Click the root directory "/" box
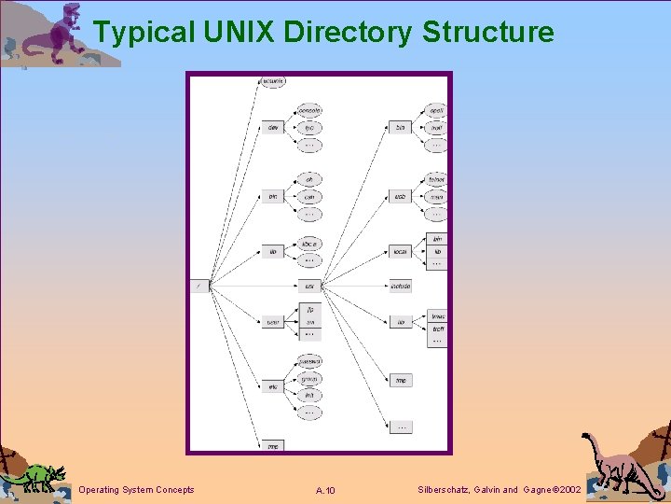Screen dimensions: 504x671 [x=199, y=286]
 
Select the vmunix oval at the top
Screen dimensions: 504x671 [x=273, y=82]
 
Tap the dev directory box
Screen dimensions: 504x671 [x=272, y=127]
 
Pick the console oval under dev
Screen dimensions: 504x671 [x=309, y=111]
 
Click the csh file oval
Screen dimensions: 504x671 [x=309, y=196]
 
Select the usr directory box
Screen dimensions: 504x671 [x=309, y=286]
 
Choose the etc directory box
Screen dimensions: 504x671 [x=272, y=386]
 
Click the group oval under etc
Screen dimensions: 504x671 [x=309, y=379]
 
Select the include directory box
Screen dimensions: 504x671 [x=400, y=286]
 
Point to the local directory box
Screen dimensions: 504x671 [x=400, y=251]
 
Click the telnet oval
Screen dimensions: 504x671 [x=435, y=179]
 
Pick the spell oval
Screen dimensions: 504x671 [x=435, y=111]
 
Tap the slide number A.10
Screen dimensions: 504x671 [x=326, y=491]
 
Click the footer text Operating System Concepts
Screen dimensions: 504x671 [x=137, y=490]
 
